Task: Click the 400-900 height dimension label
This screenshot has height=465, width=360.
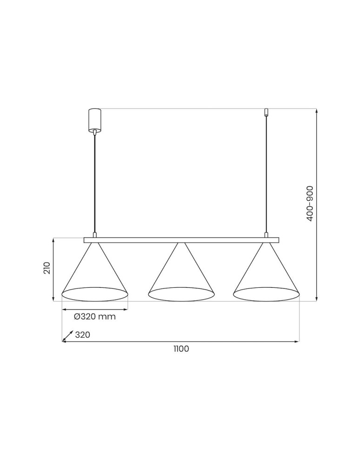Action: click(x=310, y=203)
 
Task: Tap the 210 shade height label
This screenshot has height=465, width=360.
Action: click(x=47, y=268)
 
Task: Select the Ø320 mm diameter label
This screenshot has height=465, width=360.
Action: click(x=94, y=317)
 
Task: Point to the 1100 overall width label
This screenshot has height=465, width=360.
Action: click(x=180, y=349)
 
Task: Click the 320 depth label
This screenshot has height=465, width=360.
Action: click(x=82, y=335)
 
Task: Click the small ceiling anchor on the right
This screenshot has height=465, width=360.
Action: click(x=266, y=112)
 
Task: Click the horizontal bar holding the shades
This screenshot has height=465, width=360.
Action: click(x=181, y=240)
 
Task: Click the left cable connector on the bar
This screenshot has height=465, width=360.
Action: click(x=94, y=235)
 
